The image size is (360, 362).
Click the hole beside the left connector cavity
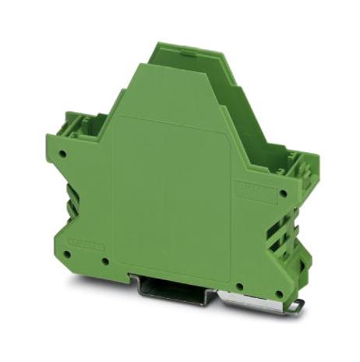pos(62,154)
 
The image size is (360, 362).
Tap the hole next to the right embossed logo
pos(282,193)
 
